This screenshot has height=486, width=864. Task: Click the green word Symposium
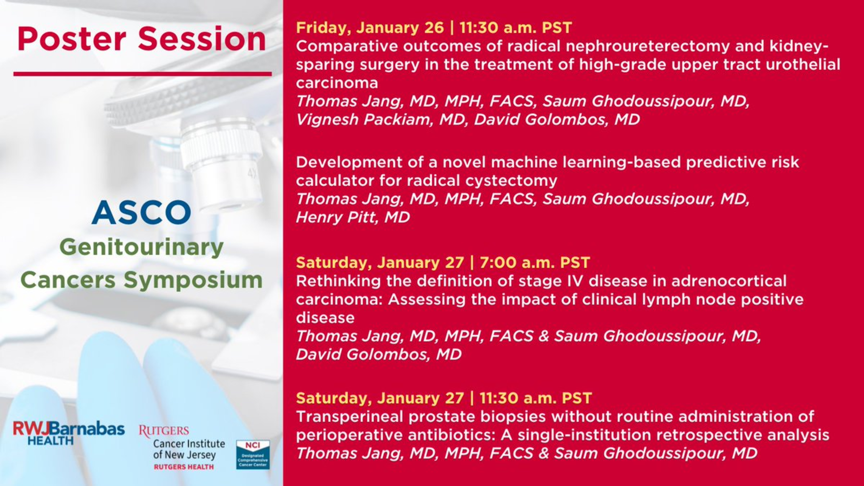coord(193,281)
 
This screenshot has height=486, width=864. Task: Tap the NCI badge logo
coord(253,455)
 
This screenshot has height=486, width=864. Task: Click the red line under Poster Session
coord(142,74)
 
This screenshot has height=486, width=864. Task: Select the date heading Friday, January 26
coord(370,28)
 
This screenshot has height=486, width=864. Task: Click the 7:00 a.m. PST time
coord(535,262)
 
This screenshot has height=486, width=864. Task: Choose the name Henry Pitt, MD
coord(353,218)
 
